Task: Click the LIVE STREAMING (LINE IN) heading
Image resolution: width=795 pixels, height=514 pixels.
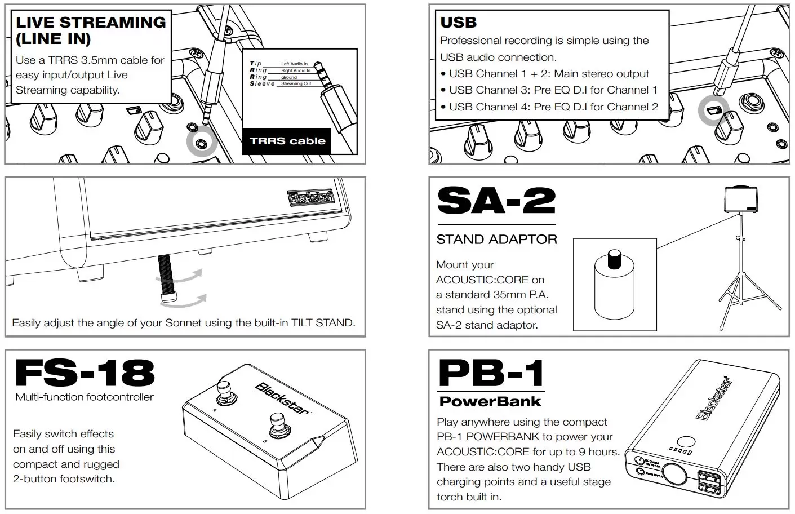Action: coord(90,30)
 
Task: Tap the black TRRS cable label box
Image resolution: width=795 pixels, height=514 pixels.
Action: coord(287,141)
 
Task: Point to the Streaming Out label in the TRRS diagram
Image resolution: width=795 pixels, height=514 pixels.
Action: coord(296,84)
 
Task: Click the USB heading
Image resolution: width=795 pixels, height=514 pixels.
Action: coord(459,23)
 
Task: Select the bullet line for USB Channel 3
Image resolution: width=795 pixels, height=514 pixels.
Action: coord(553,90)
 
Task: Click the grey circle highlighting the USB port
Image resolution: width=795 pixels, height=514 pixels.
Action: coord(714,111)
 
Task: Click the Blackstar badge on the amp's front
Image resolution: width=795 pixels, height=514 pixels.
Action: coord(311,197)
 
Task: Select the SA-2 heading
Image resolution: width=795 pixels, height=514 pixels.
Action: coord(496,201)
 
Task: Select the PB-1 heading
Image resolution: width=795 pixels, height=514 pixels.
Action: coord(491,373)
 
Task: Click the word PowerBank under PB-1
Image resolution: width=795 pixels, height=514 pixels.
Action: coord(490,402)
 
